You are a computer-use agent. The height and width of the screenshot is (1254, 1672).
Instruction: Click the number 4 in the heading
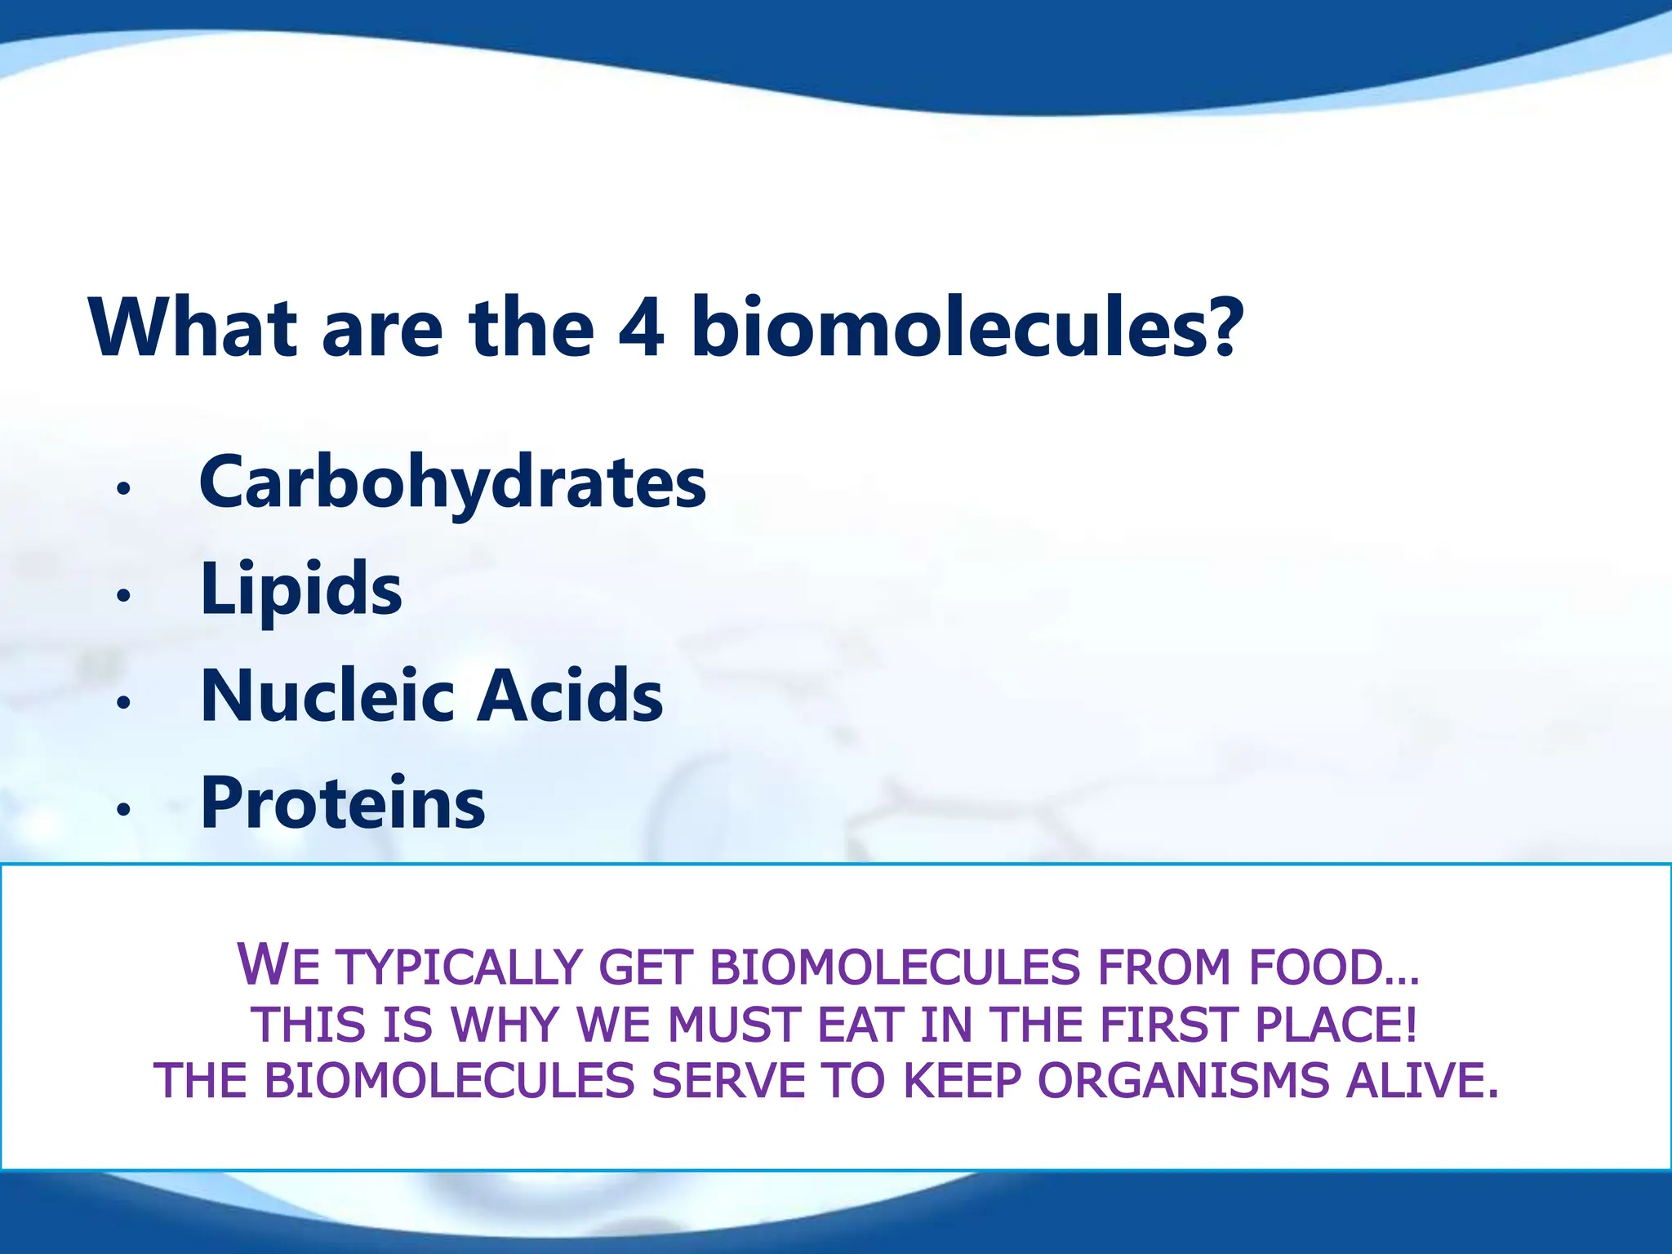click(642, 328)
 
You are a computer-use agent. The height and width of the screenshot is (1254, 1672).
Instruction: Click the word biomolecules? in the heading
click(967, 328)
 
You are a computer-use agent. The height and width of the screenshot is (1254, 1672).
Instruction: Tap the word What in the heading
click(193, 328)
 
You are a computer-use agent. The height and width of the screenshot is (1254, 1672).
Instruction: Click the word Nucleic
click(327, 696)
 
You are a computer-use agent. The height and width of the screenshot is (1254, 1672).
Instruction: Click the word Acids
click(570, 696)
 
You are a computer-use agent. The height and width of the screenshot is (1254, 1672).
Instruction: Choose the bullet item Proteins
click(343, 803)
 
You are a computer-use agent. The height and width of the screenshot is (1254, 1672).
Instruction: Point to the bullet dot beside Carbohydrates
click(123, 489)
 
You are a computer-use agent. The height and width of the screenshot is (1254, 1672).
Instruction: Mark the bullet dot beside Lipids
click(123, 596)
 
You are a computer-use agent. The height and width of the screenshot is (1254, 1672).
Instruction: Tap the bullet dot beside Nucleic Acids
click(123, 702)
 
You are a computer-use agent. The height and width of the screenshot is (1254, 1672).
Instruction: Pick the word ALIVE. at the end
click(1422, 1081)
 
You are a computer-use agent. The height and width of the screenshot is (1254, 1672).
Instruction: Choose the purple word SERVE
click(728, 1081)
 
